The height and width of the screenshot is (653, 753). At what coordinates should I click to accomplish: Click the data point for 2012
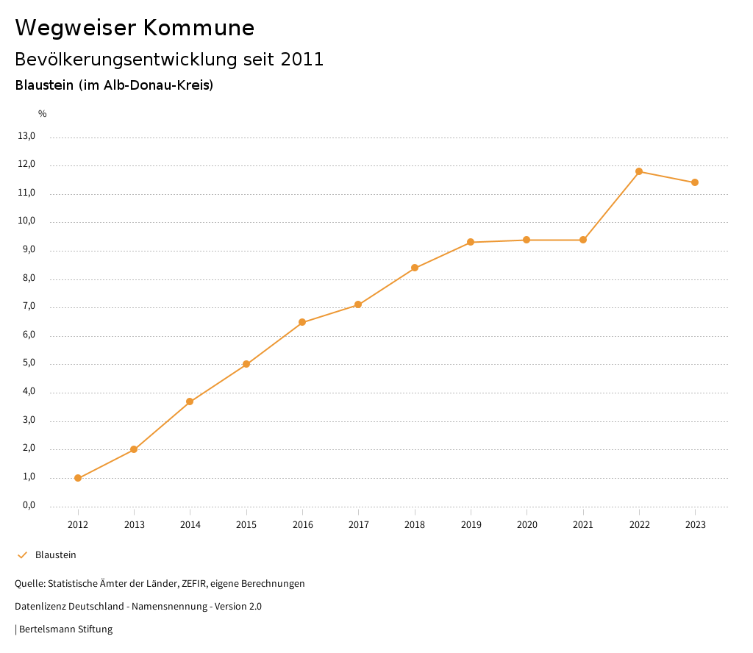[x=78, y=478]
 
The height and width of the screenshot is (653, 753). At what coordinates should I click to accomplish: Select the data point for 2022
[x=639, y=171]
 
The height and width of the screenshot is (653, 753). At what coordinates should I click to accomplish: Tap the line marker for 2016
[x=302, y=322]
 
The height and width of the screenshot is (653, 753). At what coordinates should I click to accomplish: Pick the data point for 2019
[x=471, y=242]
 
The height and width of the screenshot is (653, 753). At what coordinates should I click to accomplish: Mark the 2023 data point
[x=695, y=182]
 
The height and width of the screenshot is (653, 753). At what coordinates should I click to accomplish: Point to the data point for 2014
[x=190, y=402]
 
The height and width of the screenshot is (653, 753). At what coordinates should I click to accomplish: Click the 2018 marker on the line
[x=415, y=268]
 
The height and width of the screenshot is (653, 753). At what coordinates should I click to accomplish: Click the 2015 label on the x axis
[x=246, y=525]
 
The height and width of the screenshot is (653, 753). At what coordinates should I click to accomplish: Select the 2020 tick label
[x=527, y=525]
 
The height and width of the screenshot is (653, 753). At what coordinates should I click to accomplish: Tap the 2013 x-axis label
[x=134, y=525]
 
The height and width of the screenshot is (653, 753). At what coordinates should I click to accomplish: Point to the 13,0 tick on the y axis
[x=26, y=136]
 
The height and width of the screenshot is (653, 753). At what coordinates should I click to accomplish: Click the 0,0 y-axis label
[x=29, y=506]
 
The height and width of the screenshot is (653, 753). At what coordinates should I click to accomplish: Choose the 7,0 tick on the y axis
[x=29, y=307]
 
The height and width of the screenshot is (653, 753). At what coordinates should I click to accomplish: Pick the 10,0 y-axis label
[x=26, y=221]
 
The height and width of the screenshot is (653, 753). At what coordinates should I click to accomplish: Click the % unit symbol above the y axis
[x=43, y=114]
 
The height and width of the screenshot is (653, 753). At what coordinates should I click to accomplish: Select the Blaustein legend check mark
[x=22, y=555]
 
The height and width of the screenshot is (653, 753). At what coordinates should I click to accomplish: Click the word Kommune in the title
[x=199, y=28]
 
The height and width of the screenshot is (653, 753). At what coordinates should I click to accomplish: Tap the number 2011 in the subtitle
[x=302, y=60]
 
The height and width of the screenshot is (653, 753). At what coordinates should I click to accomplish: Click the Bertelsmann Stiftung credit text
[x=65, y=629]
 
